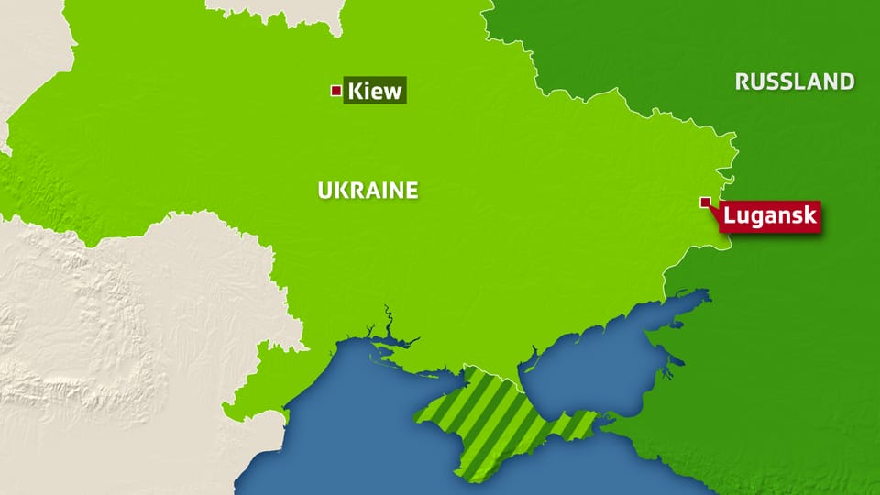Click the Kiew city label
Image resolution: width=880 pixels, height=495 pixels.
click(375, 91)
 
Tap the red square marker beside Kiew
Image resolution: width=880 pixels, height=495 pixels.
click(336, 90)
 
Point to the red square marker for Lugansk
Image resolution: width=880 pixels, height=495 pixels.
click(705, 203)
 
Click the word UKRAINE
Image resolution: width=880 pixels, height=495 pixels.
click(368, 191)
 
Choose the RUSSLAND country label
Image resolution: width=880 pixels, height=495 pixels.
click(795, 82)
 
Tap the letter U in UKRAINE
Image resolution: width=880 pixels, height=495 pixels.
click(324, 191)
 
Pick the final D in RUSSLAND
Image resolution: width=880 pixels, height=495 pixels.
click(847, 82)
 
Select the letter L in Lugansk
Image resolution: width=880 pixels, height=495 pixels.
click(731, 217)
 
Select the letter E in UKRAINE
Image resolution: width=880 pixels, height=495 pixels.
click(412, 191)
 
